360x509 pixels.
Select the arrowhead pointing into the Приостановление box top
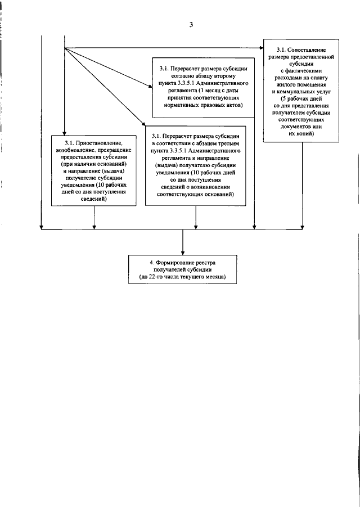pyautogui.click(x=65, y=132)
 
